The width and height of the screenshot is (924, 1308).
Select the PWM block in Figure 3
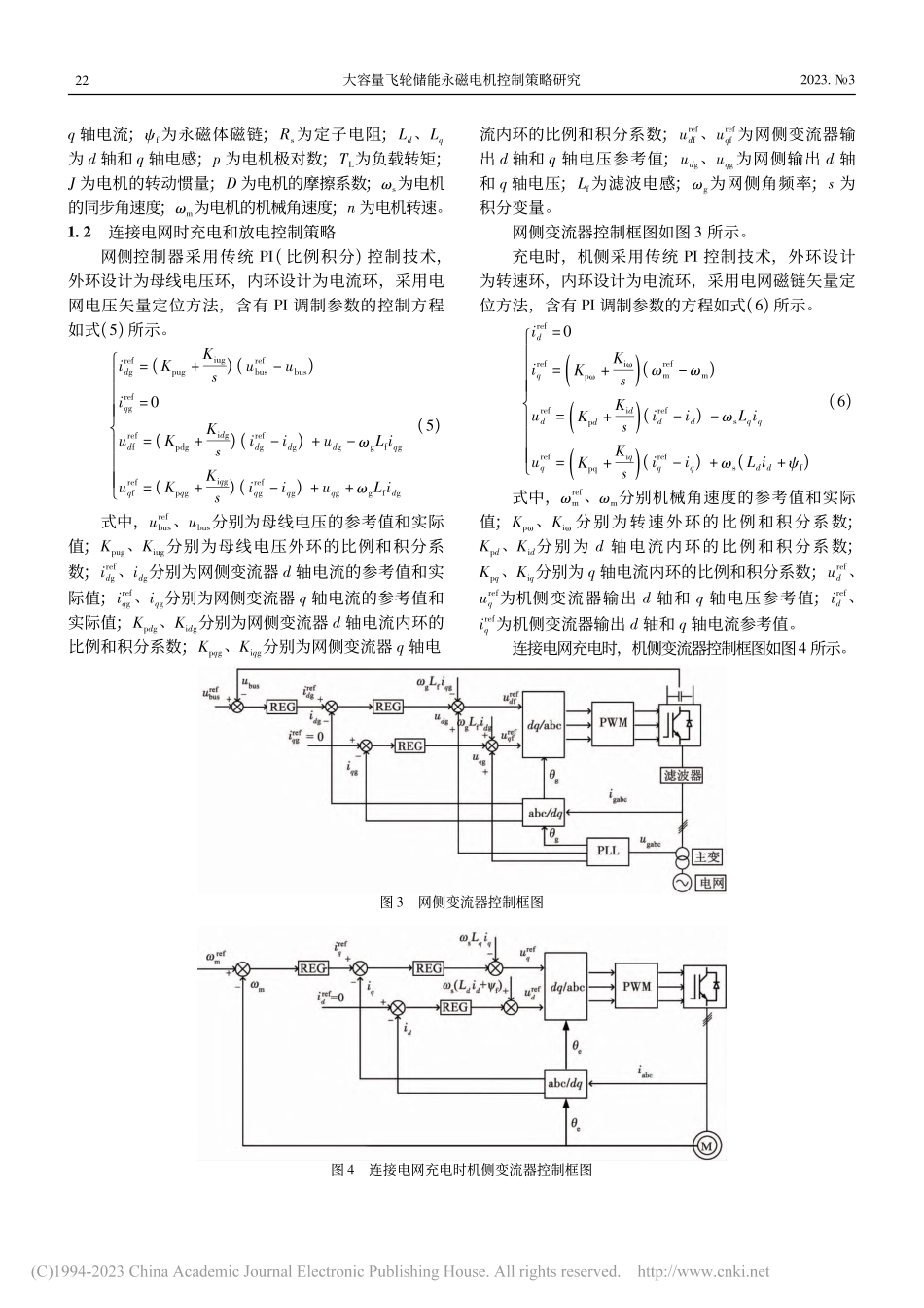614,722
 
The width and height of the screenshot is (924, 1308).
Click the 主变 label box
707,856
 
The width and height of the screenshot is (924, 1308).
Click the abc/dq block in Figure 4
564,1081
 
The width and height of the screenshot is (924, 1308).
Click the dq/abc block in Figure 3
543,723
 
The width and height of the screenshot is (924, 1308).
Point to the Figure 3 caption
461,902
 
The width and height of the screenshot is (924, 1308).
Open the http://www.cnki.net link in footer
702,1271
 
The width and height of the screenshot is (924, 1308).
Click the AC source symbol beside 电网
682,882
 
